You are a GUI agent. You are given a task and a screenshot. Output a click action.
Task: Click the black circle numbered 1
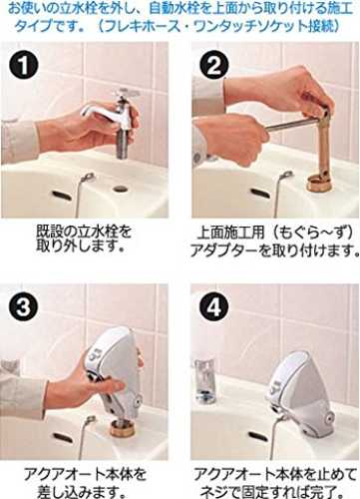click(x=24, y=66)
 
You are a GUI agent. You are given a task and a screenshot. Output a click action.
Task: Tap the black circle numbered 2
click(x=213, y=66)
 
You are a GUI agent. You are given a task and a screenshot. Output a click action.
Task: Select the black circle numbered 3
click(x=24, y=307)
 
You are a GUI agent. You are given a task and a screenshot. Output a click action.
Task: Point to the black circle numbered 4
click(x=213, y=307)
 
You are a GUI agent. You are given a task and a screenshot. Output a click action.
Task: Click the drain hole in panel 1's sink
click(x=121, y=189)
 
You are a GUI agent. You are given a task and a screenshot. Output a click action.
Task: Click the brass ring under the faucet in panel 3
click(x=125, y=429)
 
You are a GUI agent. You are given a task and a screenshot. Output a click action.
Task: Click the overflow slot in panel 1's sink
click(x=62, y=196)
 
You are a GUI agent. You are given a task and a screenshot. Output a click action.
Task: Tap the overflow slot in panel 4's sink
click(x=258, y=436)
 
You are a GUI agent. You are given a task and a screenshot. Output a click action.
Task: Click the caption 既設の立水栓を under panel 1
click(x=84, y=232)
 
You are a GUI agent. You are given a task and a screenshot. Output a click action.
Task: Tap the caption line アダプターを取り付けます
click(x=274, y=250)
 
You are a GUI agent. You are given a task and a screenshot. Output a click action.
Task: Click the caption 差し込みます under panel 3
click(x=82, y=492)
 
